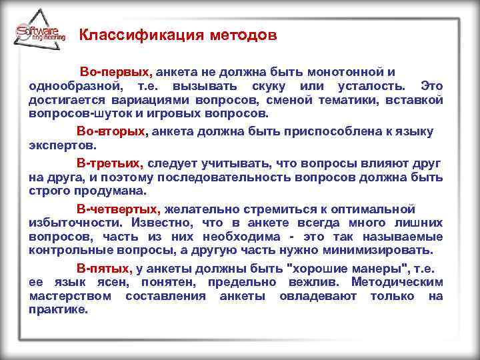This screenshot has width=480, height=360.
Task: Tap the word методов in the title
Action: point(236,35)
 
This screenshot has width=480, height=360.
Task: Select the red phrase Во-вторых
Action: point(110,131)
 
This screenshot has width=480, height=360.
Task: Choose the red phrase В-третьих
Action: point(109,163)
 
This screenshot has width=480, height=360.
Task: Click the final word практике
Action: point(59,310)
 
